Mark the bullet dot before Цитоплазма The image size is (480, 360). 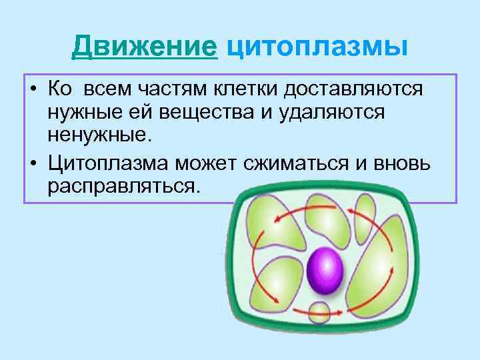click(32, 161)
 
